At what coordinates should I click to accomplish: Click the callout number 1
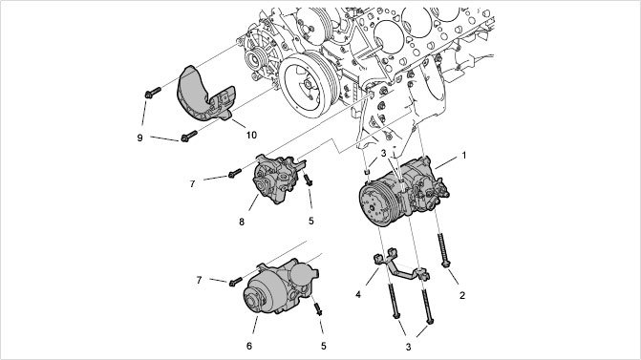tap(464, 156)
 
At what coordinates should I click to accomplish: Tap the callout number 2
tap(462, 295)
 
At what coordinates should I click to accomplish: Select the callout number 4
tap(358, 294)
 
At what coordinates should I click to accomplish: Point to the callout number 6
tap(249, 346)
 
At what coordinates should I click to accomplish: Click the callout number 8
tap(242, 222)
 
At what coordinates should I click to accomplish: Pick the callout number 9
tap(139, 138)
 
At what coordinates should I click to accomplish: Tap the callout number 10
tap(251, 135)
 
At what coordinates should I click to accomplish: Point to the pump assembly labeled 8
tap(278, 180)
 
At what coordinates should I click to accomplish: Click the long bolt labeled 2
tap(442, 250)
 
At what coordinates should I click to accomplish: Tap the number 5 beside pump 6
tap(323, 346)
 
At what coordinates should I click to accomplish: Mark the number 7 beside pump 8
tap(193, 184)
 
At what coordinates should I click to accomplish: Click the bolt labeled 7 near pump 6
tap(235, 282)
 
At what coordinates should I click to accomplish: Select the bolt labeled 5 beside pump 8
tap(308, 180)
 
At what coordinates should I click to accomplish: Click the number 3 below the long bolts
tap(408, 347)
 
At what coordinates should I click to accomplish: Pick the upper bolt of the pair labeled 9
tap(153, 93)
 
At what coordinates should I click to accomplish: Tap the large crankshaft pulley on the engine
tap(308, 85)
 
